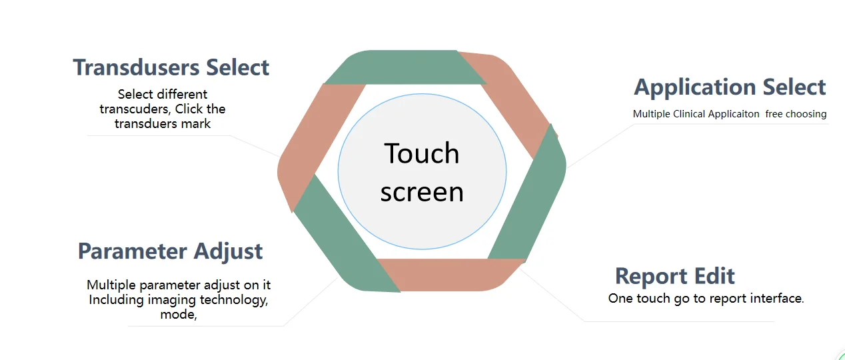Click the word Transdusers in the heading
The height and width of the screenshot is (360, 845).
click(x=137, y=67)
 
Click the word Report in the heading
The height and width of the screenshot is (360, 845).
click(x=650, y=276)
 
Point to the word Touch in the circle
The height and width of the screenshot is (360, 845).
click(x=422, y=153)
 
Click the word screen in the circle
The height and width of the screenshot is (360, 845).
click(x=422, y=192)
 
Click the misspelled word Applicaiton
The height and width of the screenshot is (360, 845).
click(x=733, y=114)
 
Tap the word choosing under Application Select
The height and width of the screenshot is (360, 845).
click(x=804, y=114)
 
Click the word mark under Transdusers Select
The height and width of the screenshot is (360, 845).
click(x=197, y=123)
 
